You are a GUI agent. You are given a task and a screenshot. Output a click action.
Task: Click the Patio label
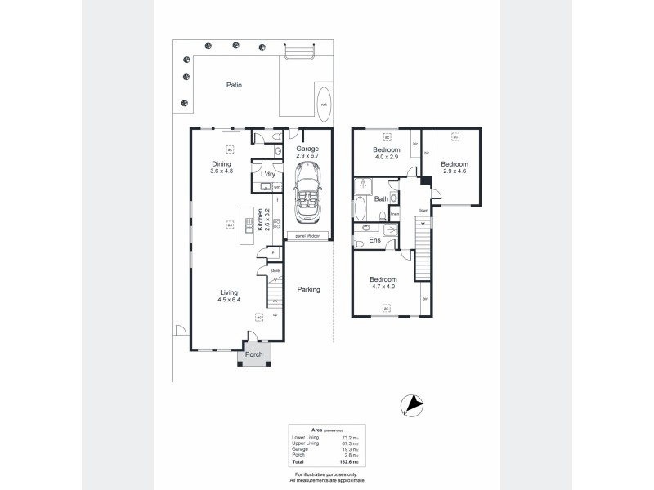[234, 85]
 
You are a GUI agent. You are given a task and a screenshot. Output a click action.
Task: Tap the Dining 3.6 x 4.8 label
[222, 167]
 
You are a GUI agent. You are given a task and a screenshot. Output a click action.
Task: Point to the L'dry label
[267, 175]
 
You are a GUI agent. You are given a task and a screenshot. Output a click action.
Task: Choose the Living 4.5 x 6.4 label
[229, 295]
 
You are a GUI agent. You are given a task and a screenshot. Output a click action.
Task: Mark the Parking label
[308, 289]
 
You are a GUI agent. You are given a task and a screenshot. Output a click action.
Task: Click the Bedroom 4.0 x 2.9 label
[386, 154]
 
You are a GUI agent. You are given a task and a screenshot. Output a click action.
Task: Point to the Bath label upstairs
[381, 198]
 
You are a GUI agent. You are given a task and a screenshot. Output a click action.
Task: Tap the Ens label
[376, 240]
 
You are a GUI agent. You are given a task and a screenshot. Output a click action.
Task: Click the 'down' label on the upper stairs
[423, 211]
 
